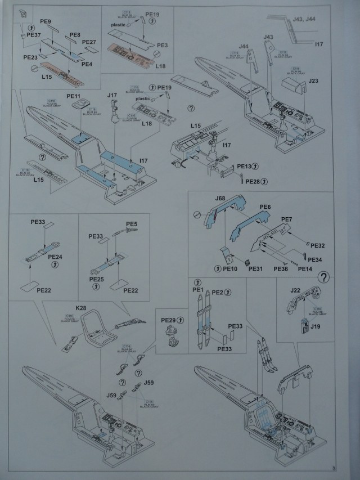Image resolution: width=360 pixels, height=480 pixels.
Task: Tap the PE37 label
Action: point(34,34)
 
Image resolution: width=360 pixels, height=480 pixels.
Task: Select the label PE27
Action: point(89,42)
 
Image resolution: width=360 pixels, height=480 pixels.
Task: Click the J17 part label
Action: point(112,95)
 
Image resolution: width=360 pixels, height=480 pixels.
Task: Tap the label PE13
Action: point(245,167)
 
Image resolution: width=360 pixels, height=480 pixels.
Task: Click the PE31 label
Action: point(255,269)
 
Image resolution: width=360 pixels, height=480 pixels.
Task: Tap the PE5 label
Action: point(132,224)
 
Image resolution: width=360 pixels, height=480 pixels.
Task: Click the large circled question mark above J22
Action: point(324,277)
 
